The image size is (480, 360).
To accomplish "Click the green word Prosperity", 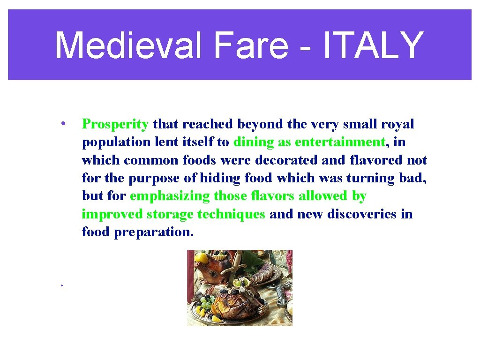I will click(115, 124).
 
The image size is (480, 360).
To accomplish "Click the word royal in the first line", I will click(397, 124).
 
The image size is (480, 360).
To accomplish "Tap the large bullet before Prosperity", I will click(62, 124).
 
